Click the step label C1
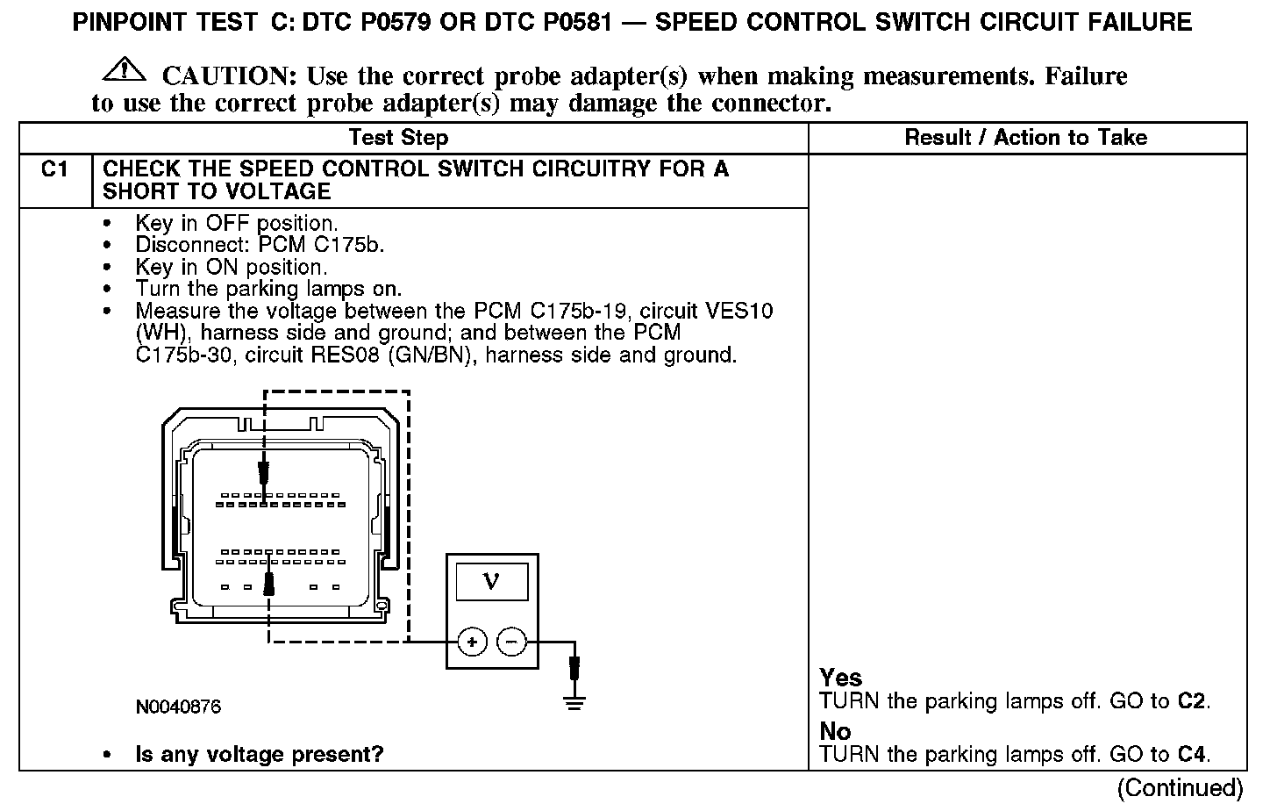pyautogui.click(x=54, y=169)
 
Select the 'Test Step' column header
pyautogui.click(x=398, y=138)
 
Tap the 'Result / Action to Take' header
pyautogui.click(x=1025, y=138)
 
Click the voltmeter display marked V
pyautogui.click(x=492, y=582)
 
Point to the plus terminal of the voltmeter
pyautogui.click(x=472, y=642)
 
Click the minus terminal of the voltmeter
pyautogui.click(x=512, y=642)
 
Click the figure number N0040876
pyautogui.click(x=178, y=707)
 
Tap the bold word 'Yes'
pyautogui.click(x=841, y=678)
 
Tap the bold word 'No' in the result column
pyautogui.click(x=835, y=731)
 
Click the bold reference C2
pyautogui.click(x=1191, y=701)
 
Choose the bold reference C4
pyautogui.click(x=1191, y=754)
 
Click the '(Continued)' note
pyautogui.click(x=1181, y=787)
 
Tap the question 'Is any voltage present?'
pyautogui.click(x=260, y=754)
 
